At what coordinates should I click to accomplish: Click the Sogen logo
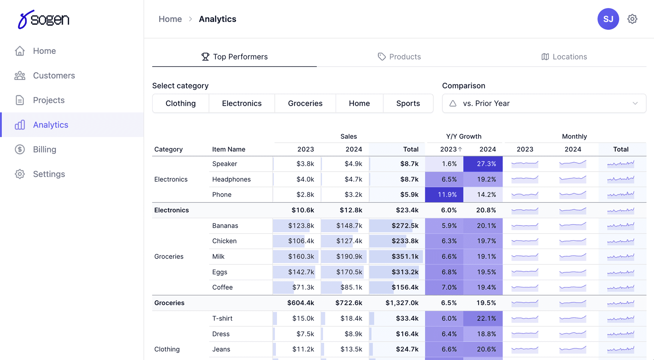point(44,19)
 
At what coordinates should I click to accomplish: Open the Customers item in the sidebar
point(54,75)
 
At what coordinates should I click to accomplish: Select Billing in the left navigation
point(44,149)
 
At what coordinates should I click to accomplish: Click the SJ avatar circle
point(608,19)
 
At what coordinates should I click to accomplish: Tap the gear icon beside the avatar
point(632,19)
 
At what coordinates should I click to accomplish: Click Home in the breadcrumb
point(170,19)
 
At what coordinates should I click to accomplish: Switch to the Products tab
point(399,57)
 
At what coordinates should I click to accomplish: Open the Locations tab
point(564,57)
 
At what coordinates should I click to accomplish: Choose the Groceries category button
point(305,103)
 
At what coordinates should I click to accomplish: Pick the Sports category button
point(408,103)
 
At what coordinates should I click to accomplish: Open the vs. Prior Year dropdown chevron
point(635,103)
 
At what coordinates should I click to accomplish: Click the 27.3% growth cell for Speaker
point(483,164)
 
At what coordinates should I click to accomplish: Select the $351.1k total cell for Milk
point(405,256)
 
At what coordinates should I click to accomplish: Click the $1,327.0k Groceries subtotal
point(402,303)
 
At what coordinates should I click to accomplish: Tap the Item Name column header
point(229,149)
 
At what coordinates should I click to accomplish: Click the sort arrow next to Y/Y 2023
point(460,149)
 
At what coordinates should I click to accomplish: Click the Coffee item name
point(222,287)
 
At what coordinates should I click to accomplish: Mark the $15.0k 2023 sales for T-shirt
point(303,318)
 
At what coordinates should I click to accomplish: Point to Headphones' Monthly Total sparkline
point(621,179)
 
